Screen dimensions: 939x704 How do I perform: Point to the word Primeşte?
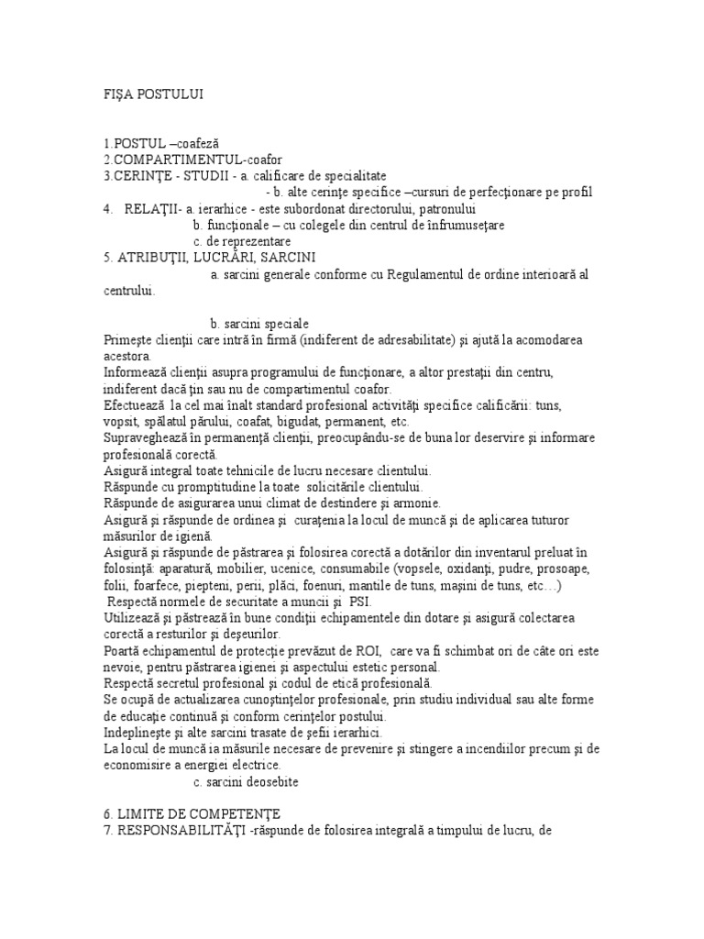click(x=131, y=340)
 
